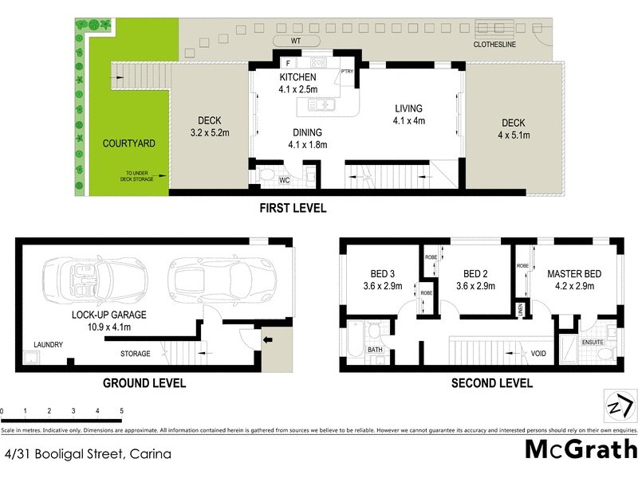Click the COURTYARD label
(x=128, y=143)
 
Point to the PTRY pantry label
(x=347, y=72)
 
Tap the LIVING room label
(x=408, y=109)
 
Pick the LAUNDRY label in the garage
(x=48, y=345)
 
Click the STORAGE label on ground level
(x=136, y=353)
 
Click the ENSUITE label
(x=593, y=343)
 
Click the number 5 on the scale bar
(x=121, y=411)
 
